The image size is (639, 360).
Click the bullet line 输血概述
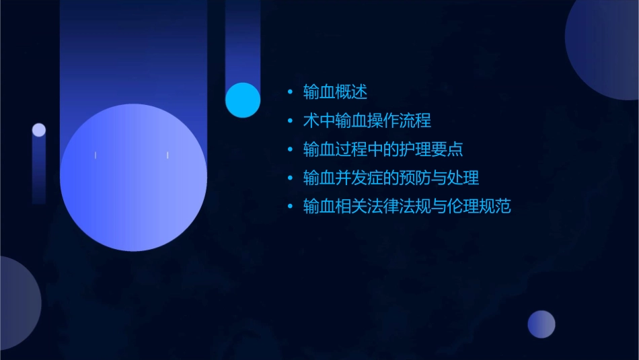(x=335, y=92)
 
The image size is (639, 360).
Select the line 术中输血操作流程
(x=367, y=120)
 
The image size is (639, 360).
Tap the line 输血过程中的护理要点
(x=383, y=149)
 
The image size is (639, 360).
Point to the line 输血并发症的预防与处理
(x=391, y=178)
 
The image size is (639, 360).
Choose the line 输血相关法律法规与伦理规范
(x=407, y=206)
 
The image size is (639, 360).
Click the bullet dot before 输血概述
(x=290, y=92)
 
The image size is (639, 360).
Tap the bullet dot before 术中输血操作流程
(x=290, y=121)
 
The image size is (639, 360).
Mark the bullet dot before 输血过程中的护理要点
(x=290, y=149)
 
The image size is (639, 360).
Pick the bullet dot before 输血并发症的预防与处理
(x=290, y=178)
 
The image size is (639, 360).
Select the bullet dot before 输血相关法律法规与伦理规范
(x=290, y=207)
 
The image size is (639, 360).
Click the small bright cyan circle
(x=243, y=100)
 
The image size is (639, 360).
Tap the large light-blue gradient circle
(x=133, y=177)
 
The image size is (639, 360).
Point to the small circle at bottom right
(x=541, y=324)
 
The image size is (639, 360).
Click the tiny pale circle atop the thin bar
(x=39, y=130)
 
